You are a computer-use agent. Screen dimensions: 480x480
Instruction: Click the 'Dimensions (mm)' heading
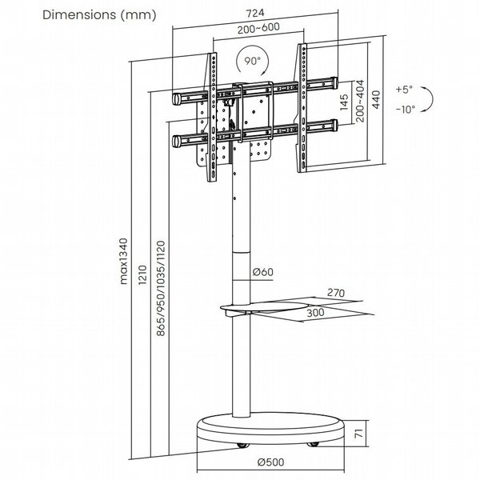(x=99, y=15)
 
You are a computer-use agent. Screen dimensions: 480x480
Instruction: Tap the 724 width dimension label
(x=255, y=13)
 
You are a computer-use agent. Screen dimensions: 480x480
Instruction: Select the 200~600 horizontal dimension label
(x=258, y=28)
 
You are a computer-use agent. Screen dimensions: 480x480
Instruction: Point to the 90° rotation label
(x=252, y=61)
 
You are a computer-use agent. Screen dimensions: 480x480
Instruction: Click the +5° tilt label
(x=404, y=90)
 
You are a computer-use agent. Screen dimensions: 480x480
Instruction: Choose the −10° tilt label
(x=406, y=110)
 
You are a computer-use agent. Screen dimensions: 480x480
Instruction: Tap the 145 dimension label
(x=344, y=102)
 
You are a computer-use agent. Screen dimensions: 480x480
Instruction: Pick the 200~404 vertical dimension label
(x=360, y=101)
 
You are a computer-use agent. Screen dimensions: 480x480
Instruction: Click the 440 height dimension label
(x=376, y=99)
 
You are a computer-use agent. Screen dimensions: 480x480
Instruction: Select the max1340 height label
(x=123, y=262)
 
